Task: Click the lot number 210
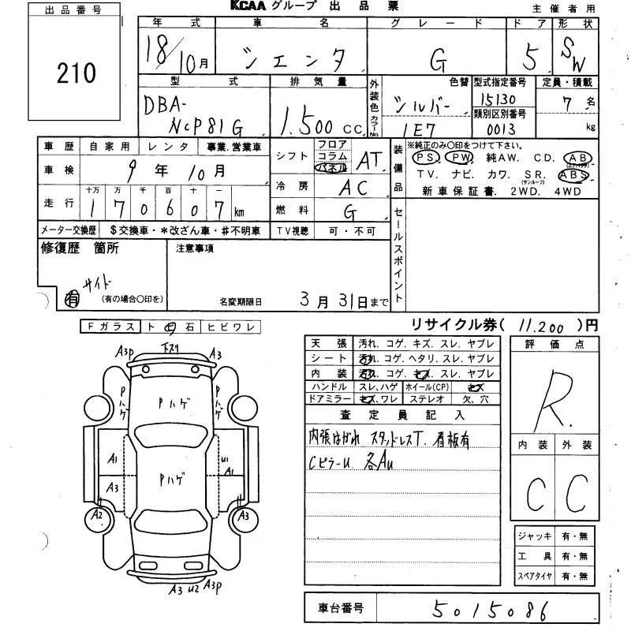[x=77, y=74]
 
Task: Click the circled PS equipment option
[x=426, y=158]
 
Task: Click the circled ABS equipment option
[x=572, y=175]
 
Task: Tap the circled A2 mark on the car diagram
[x=98, y=516]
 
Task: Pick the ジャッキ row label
[x=534, y=536]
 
